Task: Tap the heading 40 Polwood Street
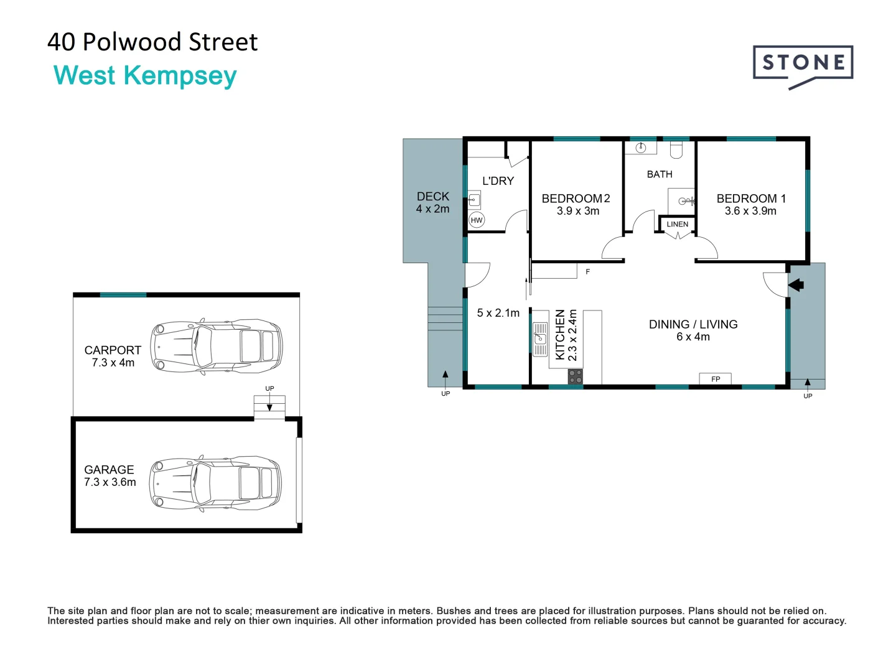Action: pos(152,42)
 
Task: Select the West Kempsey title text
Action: pos(145,75)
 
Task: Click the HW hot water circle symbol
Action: pos(477,220)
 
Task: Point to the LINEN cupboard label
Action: pos(678,224)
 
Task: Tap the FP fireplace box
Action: pos(716,379)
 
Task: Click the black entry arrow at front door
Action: pos(796,285)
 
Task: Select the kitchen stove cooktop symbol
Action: pos(576,376)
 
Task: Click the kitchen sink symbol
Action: pos(540,339)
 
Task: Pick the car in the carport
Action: pos(217,345)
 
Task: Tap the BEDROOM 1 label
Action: pos(751,198)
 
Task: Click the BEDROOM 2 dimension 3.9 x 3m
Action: pos(578,211)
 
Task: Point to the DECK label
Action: pos(433,197)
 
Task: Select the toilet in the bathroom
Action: pos(676,149)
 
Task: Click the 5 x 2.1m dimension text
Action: pos(498,313)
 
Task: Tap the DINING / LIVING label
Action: pos(693,324)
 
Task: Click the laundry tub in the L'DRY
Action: pos(474,200)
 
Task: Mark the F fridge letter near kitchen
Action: pos(587,272)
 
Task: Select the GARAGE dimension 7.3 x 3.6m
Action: pos(110,482)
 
